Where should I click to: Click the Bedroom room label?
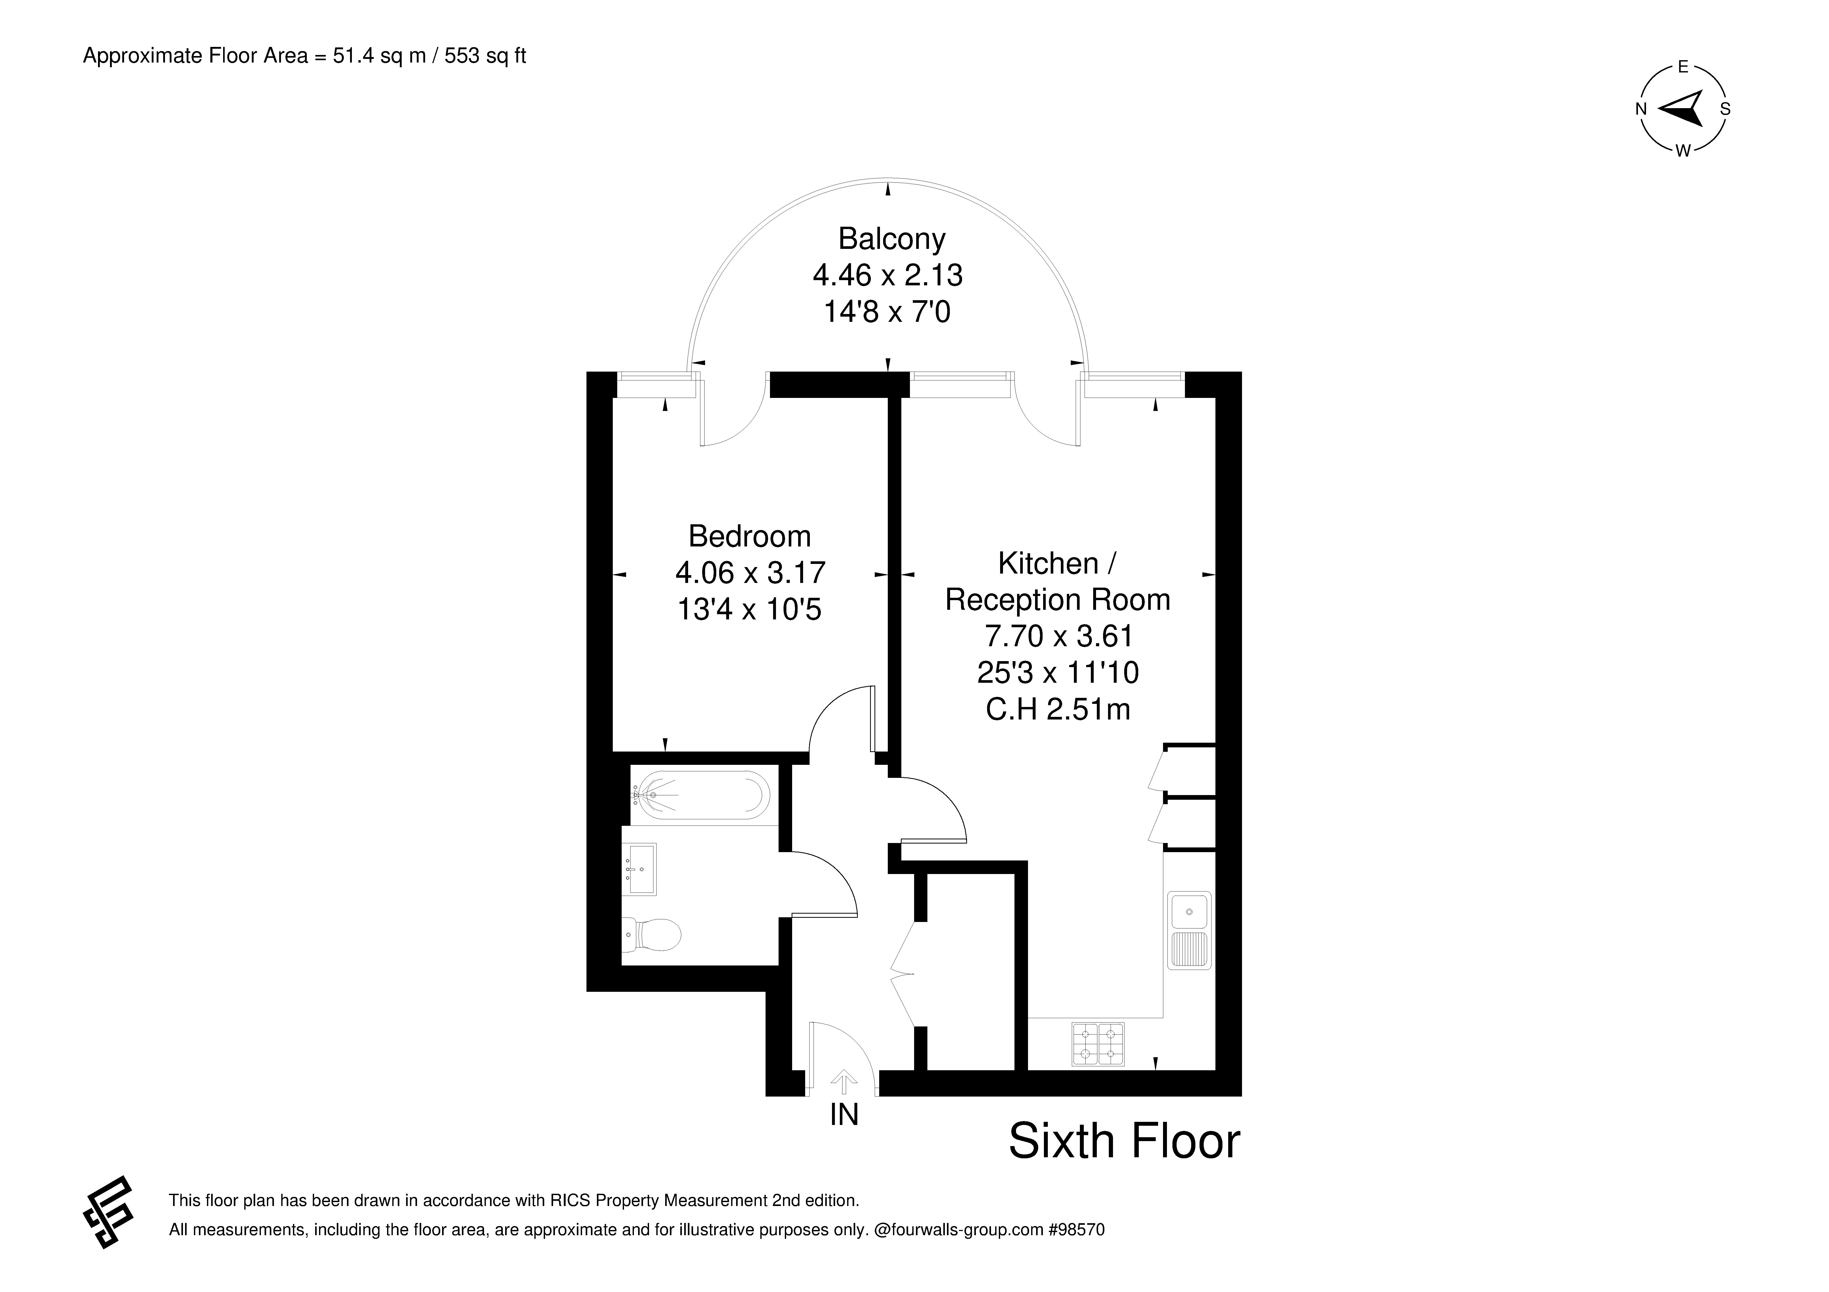750,536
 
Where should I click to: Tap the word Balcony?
891,239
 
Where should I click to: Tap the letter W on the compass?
1683,151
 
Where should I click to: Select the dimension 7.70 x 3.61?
1059,636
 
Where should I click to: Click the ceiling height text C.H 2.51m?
1058,709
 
